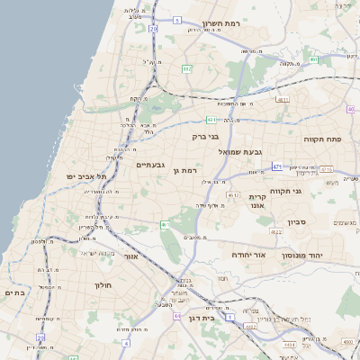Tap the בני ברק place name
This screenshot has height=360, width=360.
coord(206,137)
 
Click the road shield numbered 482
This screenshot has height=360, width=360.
coord(186,68)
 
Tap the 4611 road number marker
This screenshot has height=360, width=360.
coord(282,100)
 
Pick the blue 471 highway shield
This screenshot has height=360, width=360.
coord(277,166)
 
